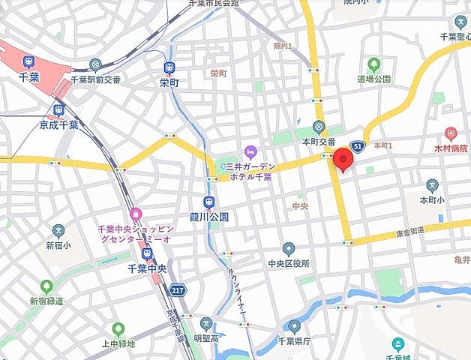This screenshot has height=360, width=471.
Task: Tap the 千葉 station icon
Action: point(28,61)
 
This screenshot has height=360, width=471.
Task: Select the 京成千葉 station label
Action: point(58,124)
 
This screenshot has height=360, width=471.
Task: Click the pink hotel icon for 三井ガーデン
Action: point(249,150)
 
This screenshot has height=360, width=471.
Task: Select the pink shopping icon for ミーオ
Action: point(135,214)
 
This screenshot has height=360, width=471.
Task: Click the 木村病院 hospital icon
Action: point(450,133)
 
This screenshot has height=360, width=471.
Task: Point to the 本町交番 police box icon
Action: point(319,126)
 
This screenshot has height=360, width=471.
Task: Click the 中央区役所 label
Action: point(289,264)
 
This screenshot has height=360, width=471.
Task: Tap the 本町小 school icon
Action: point(432,185)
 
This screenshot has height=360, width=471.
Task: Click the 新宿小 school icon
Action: point(58,230)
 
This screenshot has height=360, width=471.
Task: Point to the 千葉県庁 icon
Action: point(295,326)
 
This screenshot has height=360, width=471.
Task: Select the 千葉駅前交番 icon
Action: point(95,65)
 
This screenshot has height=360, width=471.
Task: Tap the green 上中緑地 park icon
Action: point(118,328)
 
